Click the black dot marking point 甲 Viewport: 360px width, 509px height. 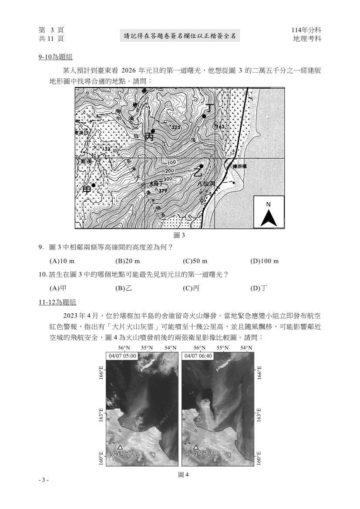point(93,185)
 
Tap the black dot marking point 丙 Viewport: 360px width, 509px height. point(153,131)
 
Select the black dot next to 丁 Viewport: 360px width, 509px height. point(204,116)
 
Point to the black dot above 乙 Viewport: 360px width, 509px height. point(201,166)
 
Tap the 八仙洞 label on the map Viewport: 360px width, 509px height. point(206,184)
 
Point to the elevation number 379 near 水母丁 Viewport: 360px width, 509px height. point(162,191)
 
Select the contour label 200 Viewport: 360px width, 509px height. point(170,170)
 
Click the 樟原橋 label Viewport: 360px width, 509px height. point(240,166)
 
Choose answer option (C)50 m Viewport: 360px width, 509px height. point(195,261)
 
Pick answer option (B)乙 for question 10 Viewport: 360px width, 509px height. point(124,288)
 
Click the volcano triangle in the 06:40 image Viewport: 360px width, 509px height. point(196,447)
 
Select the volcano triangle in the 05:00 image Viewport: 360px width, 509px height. point(120,447)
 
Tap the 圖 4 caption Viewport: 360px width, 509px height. point(183,475)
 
